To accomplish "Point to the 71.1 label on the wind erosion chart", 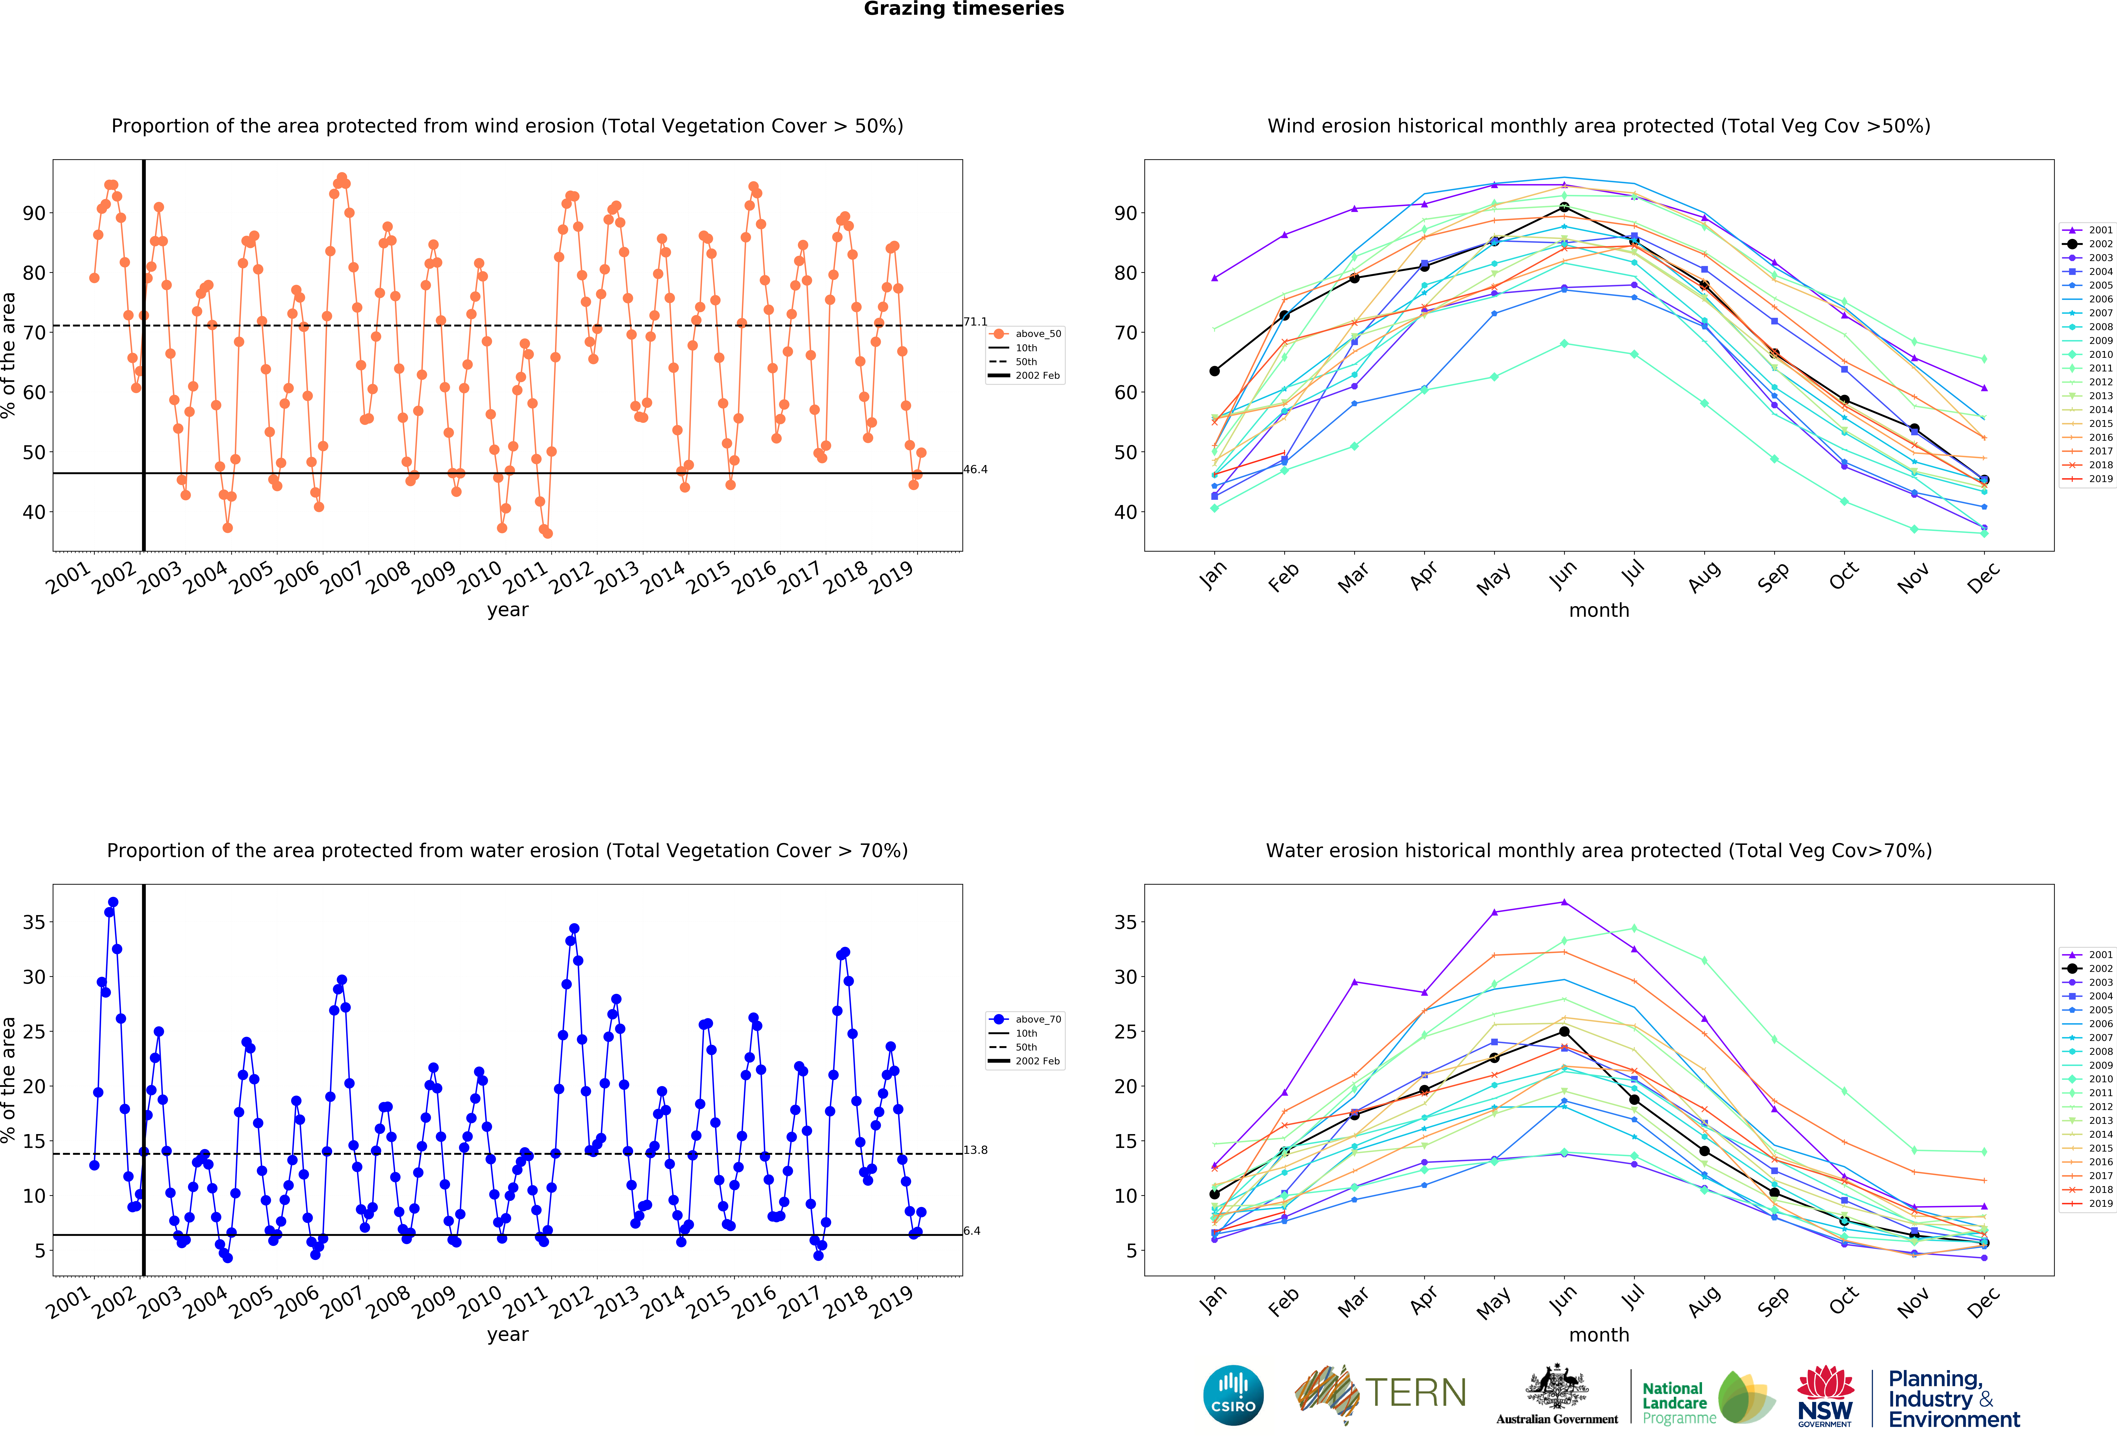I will [x=975, y=321].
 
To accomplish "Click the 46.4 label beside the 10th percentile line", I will [x=975, y=469].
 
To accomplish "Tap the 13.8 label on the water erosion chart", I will [x=975, y=1150].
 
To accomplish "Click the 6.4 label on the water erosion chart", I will [x=972, y=1231].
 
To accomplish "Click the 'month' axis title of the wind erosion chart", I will [x=1599, y=610].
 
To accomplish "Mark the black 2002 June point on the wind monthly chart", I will [x=1564, y=208].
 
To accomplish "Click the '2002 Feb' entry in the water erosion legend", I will [x=1038, y=1061].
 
